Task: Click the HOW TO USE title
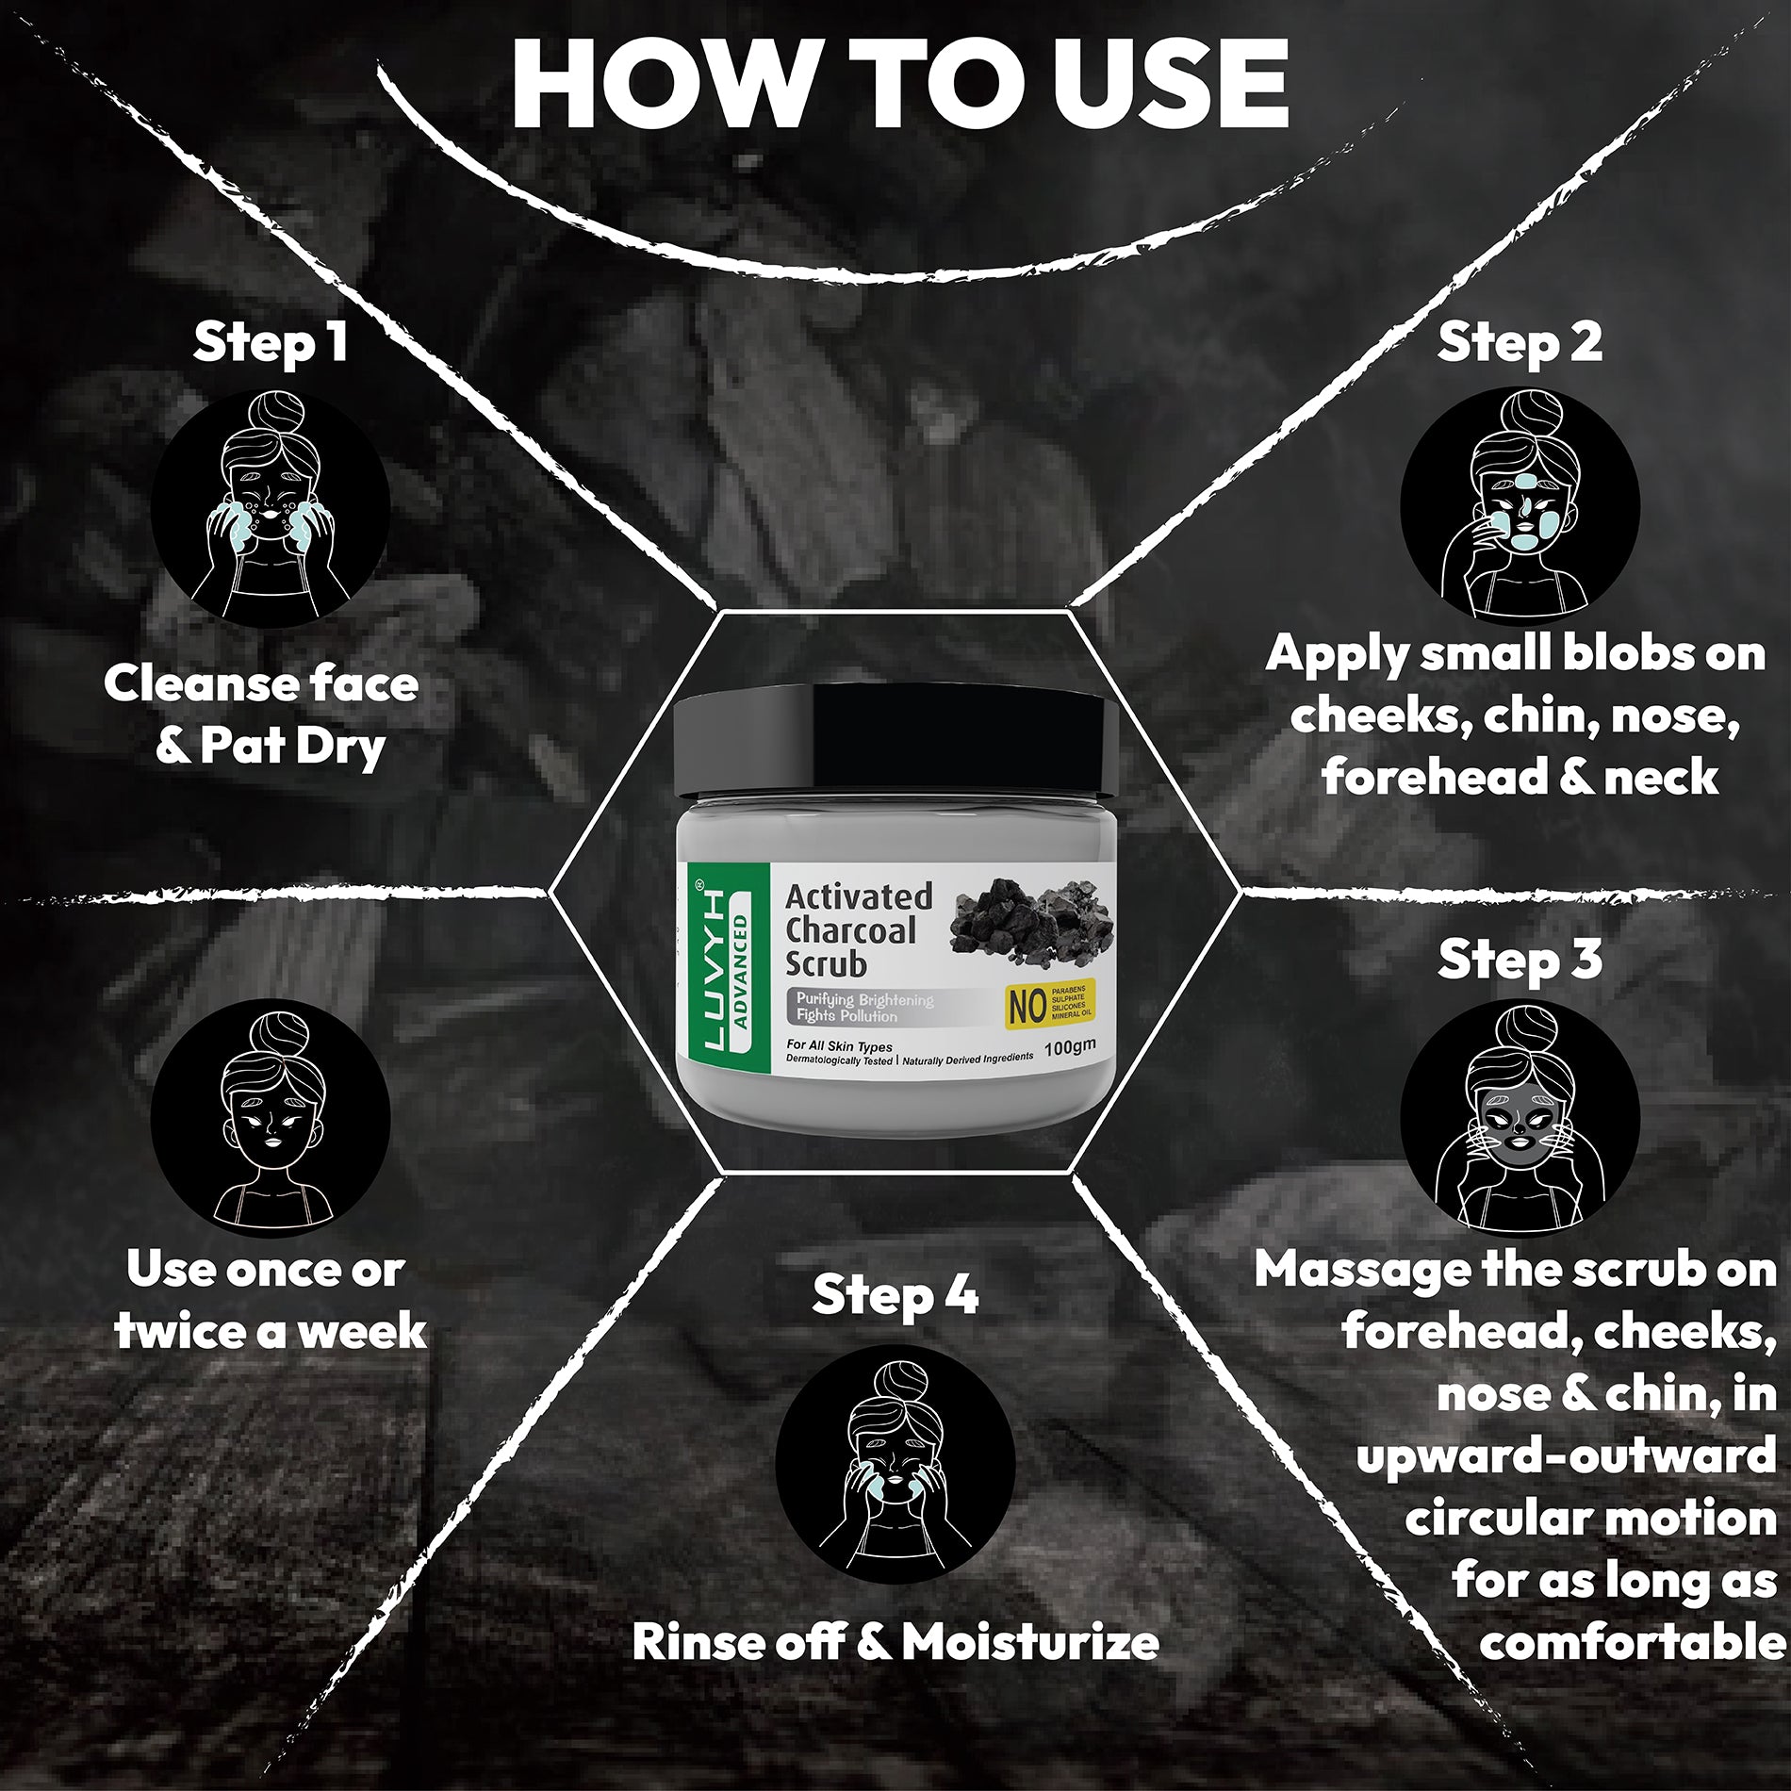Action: pyautogui.click(x=899, y=84)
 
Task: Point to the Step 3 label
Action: pyautogui.click(x=1520, y=959)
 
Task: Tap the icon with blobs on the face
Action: pyautogui.click(x=1520, y=507)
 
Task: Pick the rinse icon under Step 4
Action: pyautogui.click(x=895, y=1464)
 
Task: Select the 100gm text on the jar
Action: pyautogui.click(x=1070, y=1046)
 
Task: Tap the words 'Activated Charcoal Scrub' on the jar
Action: pyautogui.click(x=859, y=929)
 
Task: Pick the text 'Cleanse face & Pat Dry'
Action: pyautogui.click(x=262, y=715)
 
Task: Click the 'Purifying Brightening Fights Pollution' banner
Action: pyautogui.click(x=863, y=1007)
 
